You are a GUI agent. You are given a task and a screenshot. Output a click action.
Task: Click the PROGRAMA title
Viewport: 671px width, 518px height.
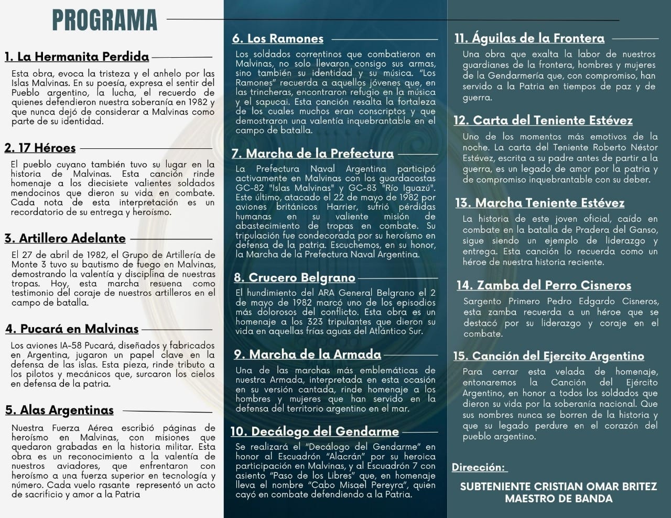pyautogui.click(x=104, y=20)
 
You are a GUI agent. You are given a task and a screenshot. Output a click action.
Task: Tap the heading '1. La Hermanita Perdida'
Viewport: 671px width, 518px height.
pyautogui.click(x=77, y=57)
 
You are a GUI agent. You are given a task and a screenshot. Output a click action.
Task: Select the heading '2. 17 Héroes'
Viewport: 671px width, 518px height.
pyautogui.click(x=40, y=148)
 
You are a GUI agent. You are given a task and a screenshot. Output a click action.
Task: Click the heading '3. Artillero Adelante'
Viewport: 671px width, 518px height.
pyautogui.click(x=65, y=238)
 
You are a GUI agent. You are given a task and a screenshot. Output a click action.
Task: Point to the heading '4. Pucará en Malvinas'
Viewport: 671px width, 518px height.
pyautogui.click(x=72, y=329)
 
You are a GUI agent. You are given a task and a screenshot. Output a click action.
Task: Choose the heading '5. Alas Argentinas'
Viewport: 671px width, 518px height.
pyautogui.click(x=59, y=410)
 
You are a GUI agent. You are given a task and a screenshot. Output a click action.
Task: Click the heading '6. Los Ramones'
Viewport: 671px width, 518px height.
pyautogui.click(x=278, y=38)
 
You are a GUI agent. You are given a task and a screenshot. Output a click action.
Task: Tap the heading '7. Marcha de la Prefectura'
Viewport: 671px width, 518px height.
pyautogui.click(x=312, y=153)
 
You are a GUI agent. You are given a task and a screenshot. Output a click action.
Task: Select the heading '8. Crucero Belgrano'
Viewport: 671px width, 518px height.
pyautogui.click(x=295, y=277)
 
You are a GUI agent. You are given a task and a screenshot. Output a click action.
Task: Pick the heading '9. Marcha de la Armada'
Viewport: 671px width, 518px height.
pyautogui.click(x=307, y=354)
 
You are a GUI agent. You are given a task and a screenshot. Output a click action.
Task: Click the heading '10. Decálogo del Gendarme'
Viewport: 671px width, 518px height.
pyautogui.click(x=315, y=431)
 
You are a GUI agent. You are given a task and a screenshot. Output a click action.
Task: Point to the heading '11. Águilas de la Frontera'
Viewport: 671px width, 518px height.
pyautogui.click(x=529, y=38)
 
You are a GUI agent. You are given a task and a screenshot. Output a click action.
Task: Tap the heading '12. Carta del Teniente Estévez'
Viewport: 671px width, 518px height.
pyautogui.click(x=543, y=120)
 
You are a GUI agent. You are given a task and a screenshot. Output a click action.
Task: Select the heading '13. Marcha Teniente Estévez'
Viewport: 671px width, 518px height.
pyautogui.click(x=539, y=202)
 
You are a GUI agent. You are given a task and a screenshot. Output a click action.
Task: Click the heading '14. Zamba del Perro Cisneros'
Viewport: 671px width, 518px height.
pyautogui.click(x=544, y=285)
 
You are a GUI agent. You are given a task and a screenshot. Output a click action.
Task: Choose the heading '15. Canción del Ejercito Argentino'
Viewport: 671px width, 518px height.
pyautogui.click(x=548, y=356)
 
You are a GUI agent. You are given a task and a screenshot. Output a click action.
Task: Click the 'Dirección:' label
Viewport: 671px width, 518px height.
pyautogui.click(x=479, y=467)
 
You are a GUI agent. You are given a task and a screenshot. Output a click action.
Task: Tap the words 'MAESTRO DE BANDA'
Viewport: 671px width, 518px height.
pyautogui.click(x=559, y=499)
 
